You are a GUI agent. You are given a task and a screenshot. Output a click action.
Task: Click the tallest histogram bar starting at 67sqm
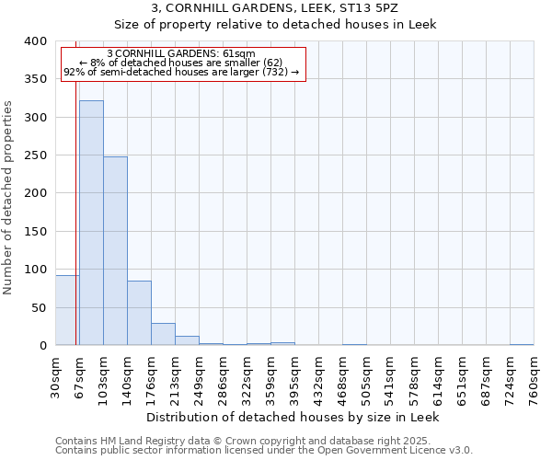pyautogui.click(x=91, y=223)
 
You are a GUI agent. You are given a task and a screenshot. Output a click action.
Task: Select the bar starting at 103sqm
pyautogui.click(x=115, y=251)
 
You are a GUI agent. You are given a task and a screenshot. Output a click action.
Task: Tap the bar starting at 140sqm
pyautogui.click(x=139, y=313)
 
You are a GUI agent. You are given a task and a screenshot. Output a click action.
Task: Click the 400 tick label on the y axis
pyautogui.click(x=36, y=41)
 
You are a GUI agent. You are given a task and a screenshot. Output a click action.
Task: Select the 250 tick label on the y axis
pyautogui.click(x=36, y=155)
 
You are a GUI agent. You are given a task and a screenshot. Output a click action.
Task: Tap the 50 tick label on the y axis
pyautogui.click(x=40, y=307)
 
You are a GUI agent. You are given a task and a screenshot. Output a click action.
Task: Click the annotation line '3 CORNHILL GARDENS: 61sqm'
pyautogui.click(x=181, y=53)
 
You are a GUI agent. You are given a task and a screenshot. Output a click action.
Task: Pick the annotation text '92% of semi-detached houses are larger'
pyautogui.click(x=181, y=72)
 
